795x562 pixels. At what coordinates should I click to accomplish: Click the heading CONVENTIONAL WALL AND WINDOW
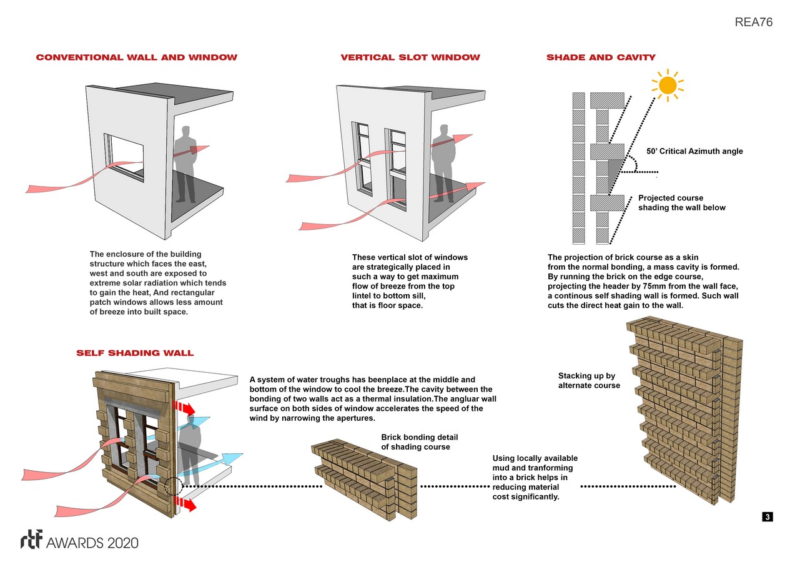point(137,57)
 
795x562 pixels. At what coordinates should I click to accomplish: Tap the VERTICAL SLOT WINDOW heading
point(410,57)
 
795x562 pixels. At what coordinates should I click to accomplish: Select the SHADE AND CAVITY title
point(601,57)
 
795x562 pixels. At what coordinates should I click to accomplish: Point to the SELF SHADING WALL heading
point(135,353)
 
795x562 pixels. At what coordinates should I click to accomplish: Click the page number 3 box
point(768,516)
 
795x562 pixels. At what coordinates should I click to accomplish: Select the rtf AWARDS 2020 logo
point(79,541)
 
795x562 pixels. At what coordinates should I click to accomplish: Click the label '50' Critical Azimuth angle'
point(694,151)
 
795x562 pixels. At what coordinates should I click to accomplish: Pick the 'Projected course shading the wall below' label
point(681,203)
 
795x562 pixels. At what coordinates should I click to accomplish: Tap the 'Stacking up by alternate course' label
point(589,380)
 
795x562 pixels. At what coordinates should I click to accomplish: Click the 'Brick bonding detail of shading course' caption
point(415,442)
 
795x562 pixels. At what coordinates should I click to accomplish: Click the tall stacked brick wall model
point(686,413)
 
